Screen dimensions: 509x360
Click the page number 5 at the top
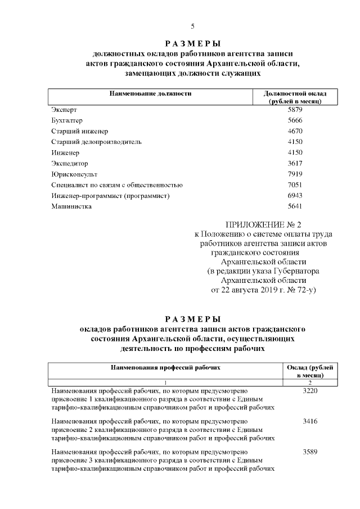tap(192, 26)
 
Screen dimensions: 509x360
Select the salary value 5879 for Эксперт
tap(295, 110)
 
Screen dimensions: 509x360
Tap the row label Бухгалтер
tap(66, 121)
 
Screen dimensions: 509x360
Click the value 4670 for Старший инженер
tap(295, 132)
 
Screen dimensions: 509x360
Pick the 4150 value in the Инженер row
tap(295, 153)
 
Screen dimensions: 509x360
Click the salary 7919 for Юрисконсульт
tap(295, 174)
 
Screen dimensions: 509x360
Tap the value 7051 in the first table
tap(295, 185)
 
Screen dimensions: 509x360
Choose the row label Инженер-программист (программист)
tap(110, 196)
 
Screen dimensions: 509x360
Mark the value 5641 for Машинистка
tap(295, 206)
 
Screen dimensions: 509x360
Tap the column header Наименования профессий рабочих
tap(165, 367)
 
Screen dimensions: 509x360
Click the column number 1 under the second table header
tap(165, 382)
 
